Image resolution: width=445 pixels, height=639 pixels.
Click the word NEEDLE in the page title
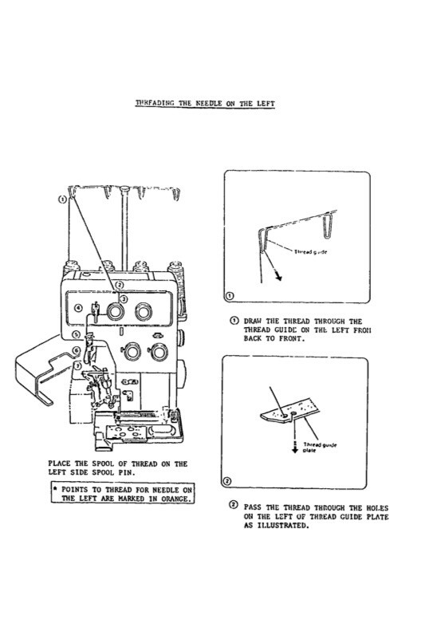(x=207, y=104)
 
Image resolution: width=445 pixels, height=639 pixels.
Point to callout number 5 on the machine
(x=75, y=335)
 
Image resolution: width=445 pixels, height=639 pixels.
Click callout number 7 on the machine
(x=76, y=365)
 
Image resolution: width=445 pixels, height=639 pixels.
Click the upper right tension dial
(x=144, y=310)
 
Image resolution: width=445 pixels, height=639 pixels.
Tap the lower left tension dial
(x=129, y=350)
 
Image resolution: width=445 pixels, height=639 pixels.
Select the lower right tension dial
(x=159, y=351)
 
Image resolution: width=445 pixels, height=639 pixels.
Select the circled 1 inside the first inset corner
(x=230, y=296)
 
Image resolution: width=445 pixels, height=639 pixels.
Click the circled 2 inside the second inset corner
(x=229, y=482)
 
